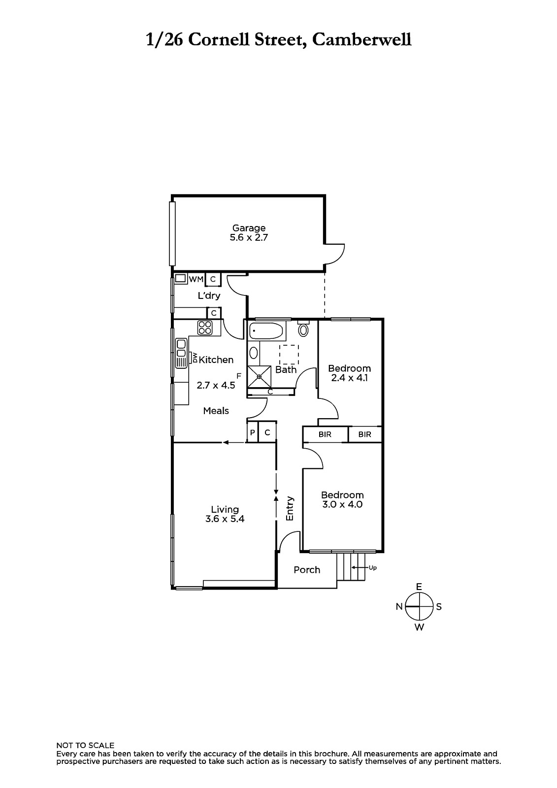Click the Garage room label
[249, 228]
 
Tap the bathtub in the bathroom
[266, 331]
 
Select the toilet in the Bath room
[303, 329]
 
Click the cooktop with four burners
[205, 328]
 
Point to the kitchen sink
[181, 353]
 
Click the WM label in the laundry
[196, 279]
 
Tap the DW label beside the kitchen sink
[195, 358]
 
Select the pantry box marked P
[252, 432]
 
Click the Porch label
[307, 569]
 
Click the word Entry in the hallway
[290, 508]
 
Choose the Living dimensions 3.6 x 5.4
[225, 519]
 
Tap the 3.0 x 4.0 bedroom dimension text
[342, 504]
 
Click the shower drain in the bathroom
[260, 377]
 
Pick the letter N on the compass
[399, 606]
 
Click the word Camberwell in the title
[361, 40]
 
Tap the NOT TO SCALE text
[86, 746]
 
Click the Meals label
[216, 411]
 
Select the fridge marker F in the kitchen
[239, 376]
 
